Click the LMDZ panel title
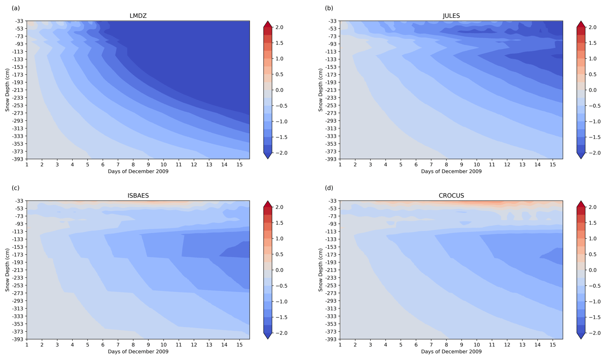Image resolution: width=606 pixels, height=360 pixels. pyautogui.click(x=138, y=16)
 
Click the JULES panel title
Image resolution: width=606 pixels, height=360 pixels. pyautogui.click(x=451, y=16)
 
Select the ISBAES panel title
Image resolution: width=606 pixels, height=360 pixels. pyautogui.click(x=138, y=196)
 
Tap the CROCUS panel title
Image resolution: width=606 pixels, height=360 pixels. pyautogui.click(x=451, y=196)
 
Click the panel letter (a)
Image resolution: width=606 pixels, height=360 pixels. pyautogui.click(x=16, y=8)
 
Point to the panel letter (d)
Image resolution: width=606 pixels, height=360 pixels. pyautogui.click(x=329, y=188)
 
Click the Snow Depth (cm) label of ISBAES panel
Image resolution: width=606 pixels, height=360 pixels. pyautogui.click(x=7, y=270)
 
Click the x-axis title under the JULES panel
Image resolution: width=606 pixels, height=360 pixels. pyautogui.click(x=451, y=172)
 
